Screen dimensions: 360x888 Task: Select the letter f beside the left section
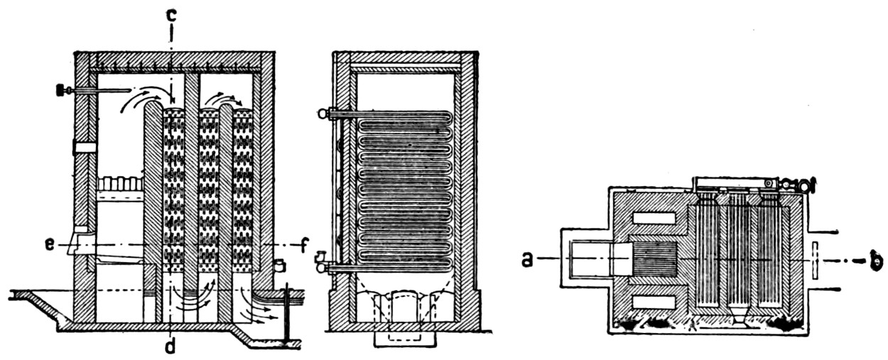point(303,246)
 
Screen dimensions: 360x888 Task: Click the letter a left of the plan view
point(527,259)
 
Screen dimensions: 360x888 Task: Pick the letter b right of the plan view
point(877,261)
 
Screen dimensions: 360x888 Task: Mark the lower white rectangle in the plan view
point(654,302)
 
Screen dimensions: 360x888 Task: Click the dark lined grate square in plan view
point(653,260)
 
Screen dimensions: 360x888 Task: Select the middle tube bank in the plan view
point(739,256)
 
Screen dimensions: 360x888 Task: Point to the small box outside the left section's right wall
point(278,266)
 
